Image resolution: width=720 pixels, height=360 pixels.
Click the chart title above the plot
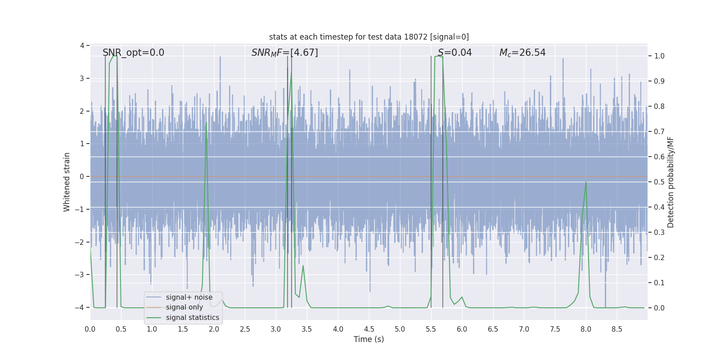(x=369, y=37)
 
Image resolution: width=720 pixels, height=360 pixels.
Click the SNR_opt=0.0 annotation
(x=133, y=53)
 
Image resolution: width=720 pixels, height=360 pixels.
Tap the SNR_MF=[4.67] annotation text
(x=284, y=53)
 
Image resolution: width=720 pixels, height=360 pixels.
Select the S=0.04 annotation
(x=454, y=53)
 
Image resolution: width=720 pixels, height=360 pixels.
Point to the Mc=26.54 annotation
(x=522, y=53)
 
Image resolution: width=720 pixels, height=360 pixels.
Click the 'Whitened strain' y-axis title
(x=67, y=182)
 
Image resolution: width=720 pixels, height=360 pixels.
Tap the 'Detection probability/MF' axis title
(x=670, y=182)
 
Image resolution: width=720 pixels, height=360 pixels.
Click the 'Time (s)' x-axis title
(x=369, y=339)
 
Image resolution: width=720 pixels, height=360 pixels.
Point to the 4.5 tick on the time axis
(x=369, y=329)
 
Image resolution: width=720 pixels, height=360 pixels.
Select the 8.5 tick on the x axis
(x=617, y=329)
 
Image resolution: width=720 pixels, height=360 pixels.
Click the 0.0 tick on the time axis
(x=90, y=329)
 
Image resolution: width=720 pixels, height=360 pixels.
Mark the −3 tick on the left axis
(x=81, y=275)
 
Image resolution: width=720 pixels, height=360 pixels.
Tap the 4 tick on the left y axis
(x=82, y=45)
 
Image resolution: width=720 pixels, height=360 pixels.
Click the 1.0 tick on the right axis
(x=659, y=56)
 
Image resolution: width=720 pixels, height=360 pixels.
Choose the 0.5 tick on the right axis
(x=659, y=182)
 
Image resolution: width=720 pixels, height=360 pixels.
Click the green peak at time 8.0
(x=586, y=182)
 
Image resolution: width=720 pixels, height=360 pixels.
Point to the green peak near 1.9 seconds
(x=206, y=122)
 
